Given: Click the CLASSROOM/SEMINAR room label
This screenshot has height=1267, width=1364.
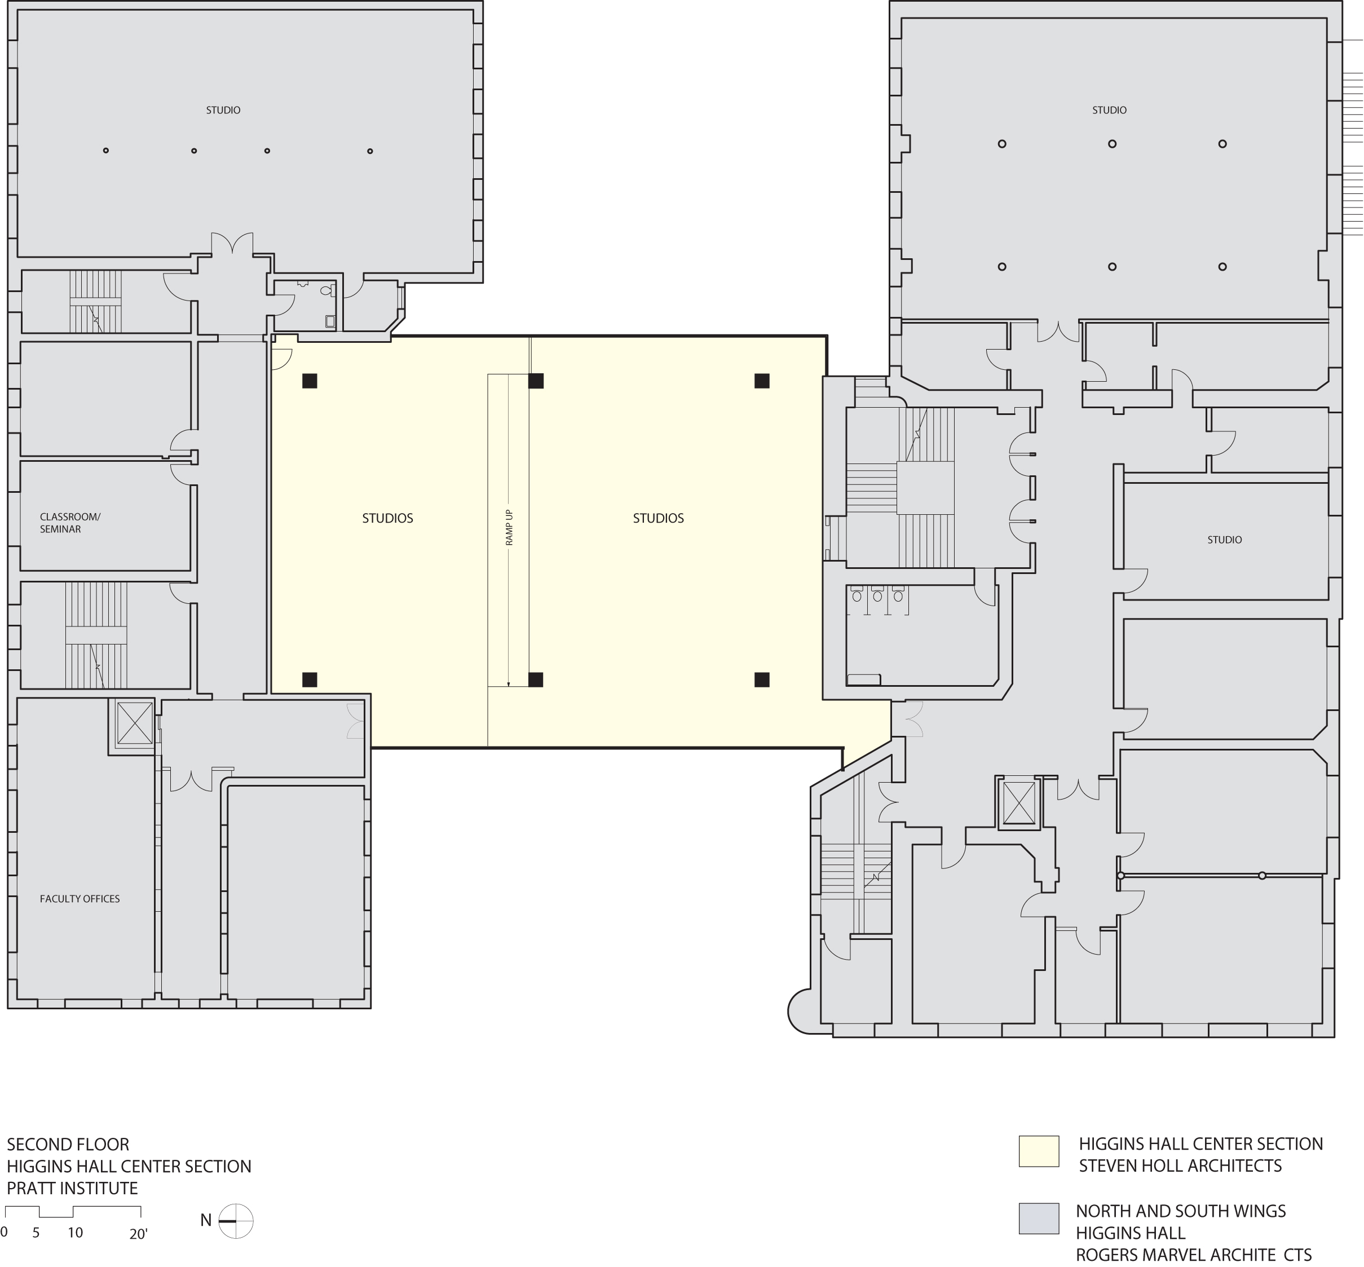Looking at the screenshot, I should tap(69, 523).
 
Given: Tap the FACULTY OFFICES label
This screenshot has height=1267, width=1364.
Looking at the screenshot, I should tap(80, 899).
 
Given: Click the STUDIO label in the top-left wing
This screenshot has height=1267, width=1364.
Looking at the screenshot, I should tap(223, 110).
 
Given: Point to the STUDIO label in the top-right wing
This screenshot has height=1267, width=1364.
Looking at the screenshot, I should tap(1109, 110).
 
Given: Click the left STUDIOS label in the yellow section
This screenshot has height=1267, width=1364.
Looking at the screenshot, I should tap(387, 518).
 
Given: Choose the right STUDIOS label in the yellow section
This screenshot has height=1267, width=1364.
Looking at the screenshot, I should tap(657, 518).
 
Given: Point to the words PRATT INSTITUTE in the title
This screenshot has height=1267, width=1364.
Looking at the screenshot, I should tap(72, 1188).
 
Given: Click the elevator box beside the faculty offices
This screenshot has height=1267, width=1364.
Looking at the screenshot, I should tap(134, 723).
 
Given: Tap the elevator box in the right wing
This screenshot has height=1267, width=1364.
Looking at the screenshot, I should tap(1018, 803).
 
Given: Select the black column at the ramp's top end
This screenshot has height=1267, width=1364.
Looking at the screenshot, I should tap(536, 381).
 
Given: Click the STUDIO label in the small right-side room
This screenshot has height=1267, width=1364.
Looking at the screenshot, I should tap(1224, 540).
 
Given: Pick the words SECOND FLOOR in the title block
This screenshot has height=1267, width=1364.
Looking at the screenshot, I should tap(68, 1144).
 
